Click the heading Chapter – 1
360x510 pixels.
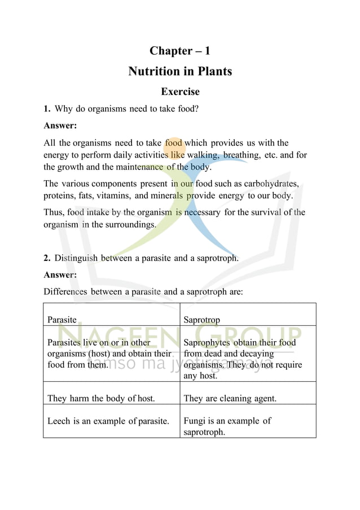179,51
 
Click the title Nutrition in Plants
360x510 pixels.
179,71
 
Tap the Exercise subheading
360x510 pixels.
180,91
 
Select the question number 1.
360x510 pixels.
47,108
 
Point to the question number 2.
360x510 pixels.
47,258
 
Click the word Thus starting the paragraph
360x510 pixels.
54,212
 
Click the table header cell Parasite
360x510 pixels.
62,320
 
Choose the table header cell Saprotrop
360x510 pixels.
201,320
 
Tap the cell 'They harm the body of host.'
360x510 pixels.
101,398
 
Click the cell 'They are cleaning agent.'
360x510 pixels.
230,398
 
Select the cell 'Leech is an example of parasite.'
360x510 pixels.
108,421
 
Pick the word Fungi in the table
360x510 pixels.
195,421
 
